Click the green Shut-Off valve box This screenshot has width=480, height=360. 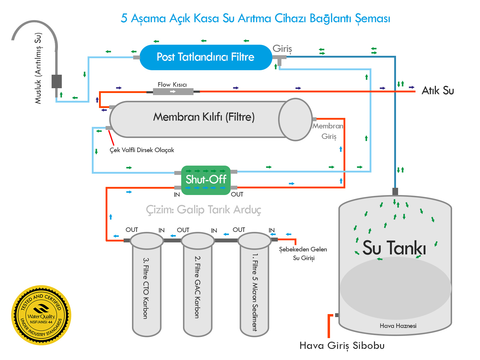206,180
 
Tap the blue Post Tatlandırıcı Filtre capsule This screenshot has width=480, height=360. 206,57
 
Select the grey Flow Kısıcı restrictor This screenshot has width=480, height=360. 173,91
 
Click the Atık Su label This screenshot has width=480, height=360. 438,90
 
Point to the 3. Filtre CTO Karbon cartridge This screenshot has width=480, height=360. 147,285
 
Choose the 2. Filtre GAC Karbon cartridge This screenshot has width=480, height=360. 198,285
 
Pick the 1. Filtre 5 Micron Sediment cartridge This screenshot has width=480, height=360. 254,285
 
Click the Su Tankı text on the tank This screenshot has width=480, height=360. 394,248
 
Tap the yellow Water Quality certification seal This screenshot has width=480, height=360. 41,315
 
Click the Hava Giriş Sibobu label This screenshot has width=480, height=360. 342,346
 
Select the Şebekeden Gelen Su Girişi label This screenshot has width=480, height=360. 303,253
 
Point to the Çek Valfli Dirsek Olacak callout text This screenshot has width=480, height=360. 142,150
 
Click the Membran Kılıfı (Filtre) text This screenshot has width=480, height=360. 204,117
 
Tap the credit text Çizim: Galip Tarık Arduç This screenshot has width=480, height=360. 203,209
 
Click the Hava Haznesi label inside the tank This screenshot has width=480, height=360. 398,326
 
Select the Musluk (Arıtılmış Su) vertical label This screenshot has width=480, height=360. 38,68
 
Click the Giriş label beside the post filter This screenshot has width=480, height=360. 282,49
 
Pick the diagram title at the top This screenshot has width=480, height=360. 255,18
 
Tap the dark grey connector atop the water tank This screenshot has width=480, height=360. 395,191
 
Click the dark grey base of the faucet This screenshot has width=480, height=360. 56,81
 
